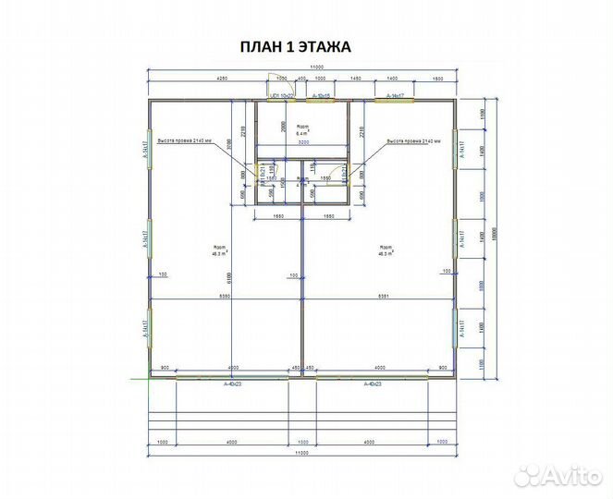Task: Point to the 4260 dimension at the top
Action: [x=196, y=79]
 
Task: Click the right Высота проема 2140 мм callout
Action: [x=414, y=141]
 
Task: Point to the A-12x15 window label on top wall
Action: [x=323, y=95]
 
